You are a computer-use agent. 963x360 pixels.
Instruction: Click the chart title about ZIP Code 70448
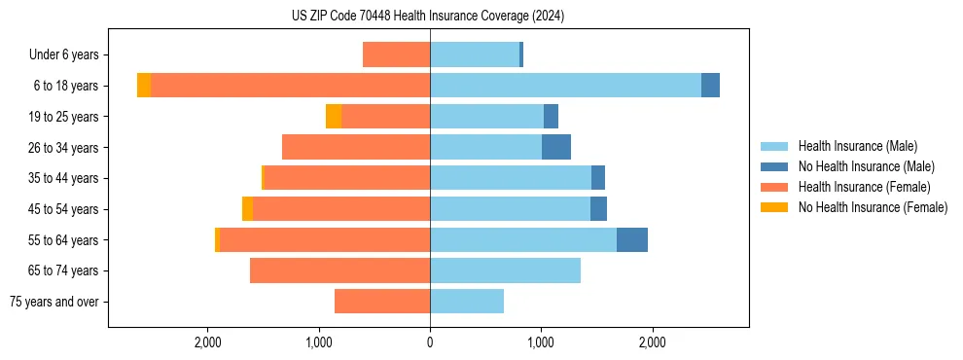tap(427, 16)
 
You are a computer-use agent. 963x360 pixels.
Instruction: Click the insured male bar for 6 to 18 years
tap(564, 86)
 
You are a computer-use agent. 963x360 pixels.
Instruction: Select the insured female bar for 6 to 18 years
tap(290, 86)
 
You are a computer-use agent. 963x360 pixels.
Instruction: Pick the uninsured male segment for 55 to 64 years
tap(632, 240)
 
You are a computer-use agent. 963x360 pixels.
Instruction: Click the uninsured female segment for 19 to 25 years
tap(334, 117)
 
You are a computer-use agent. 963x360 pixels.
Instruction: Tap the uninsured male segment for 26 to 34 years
tap(556, 148)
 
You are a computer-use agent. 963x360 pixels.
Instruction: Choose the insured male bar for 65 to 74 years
tap(505, 270)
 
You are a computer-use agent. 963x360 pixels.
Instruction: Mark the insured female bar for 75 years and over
tap(382, 302)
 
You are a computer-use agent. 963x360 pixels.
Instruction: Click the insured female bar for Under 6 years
tap(396, 55)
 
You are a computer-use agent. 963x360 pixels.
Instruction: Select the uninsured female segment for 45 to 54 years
tap(247, 209)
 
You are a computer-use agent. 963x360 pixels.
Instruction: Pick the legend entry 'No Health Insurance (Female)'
tap(873, 207)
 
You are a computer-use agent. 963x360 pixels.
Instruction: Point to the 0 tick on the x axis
tap(430, 342)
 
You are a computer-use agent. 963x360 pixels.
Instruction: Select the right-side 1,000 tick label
tap(541, 342)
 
